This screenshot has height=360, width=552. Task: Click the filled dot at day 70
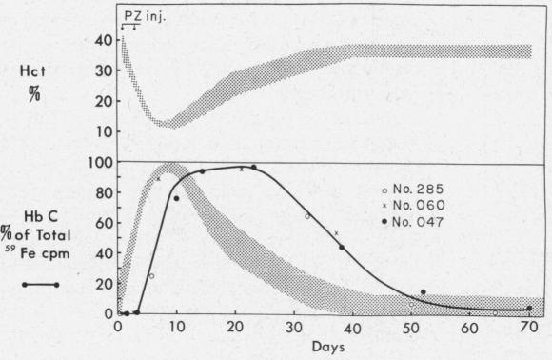tap(529, 308)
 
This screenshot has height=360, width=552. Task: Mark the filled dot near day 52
tap(423, 291)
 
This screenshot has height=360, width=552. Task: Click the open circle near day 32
tap(307, 217)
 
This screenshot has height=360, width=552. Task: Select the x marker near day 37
tap(336, 233)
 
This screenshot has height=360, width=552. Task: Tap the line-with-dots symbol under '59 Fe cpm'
tap(43, 283)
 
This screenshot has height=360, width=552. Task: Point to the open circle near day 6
tap(151, 276)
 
